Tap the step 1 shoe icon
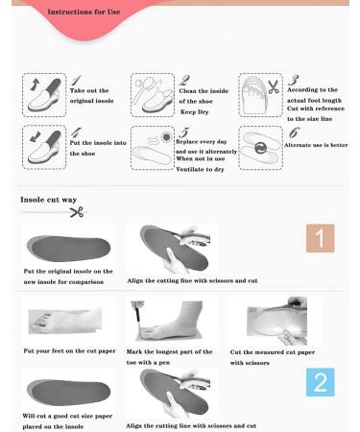point(43,94)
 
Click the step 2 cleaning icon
point(152,94)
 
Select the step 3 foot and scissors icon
point(259,94)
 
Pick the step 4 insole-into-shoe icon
point(43,147)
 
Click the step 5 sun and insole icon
point(152,147)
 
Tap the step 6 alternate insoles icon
point(259,147)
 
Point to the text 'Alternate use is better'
point(317,145)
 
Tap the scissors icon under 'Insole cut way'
point(76,212)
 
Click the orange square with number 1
point(320,238)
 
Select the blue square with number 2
point(320,382)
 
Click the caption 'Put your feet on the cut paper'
point(69,351)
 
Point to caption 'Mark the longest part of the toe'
point(170,351)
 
